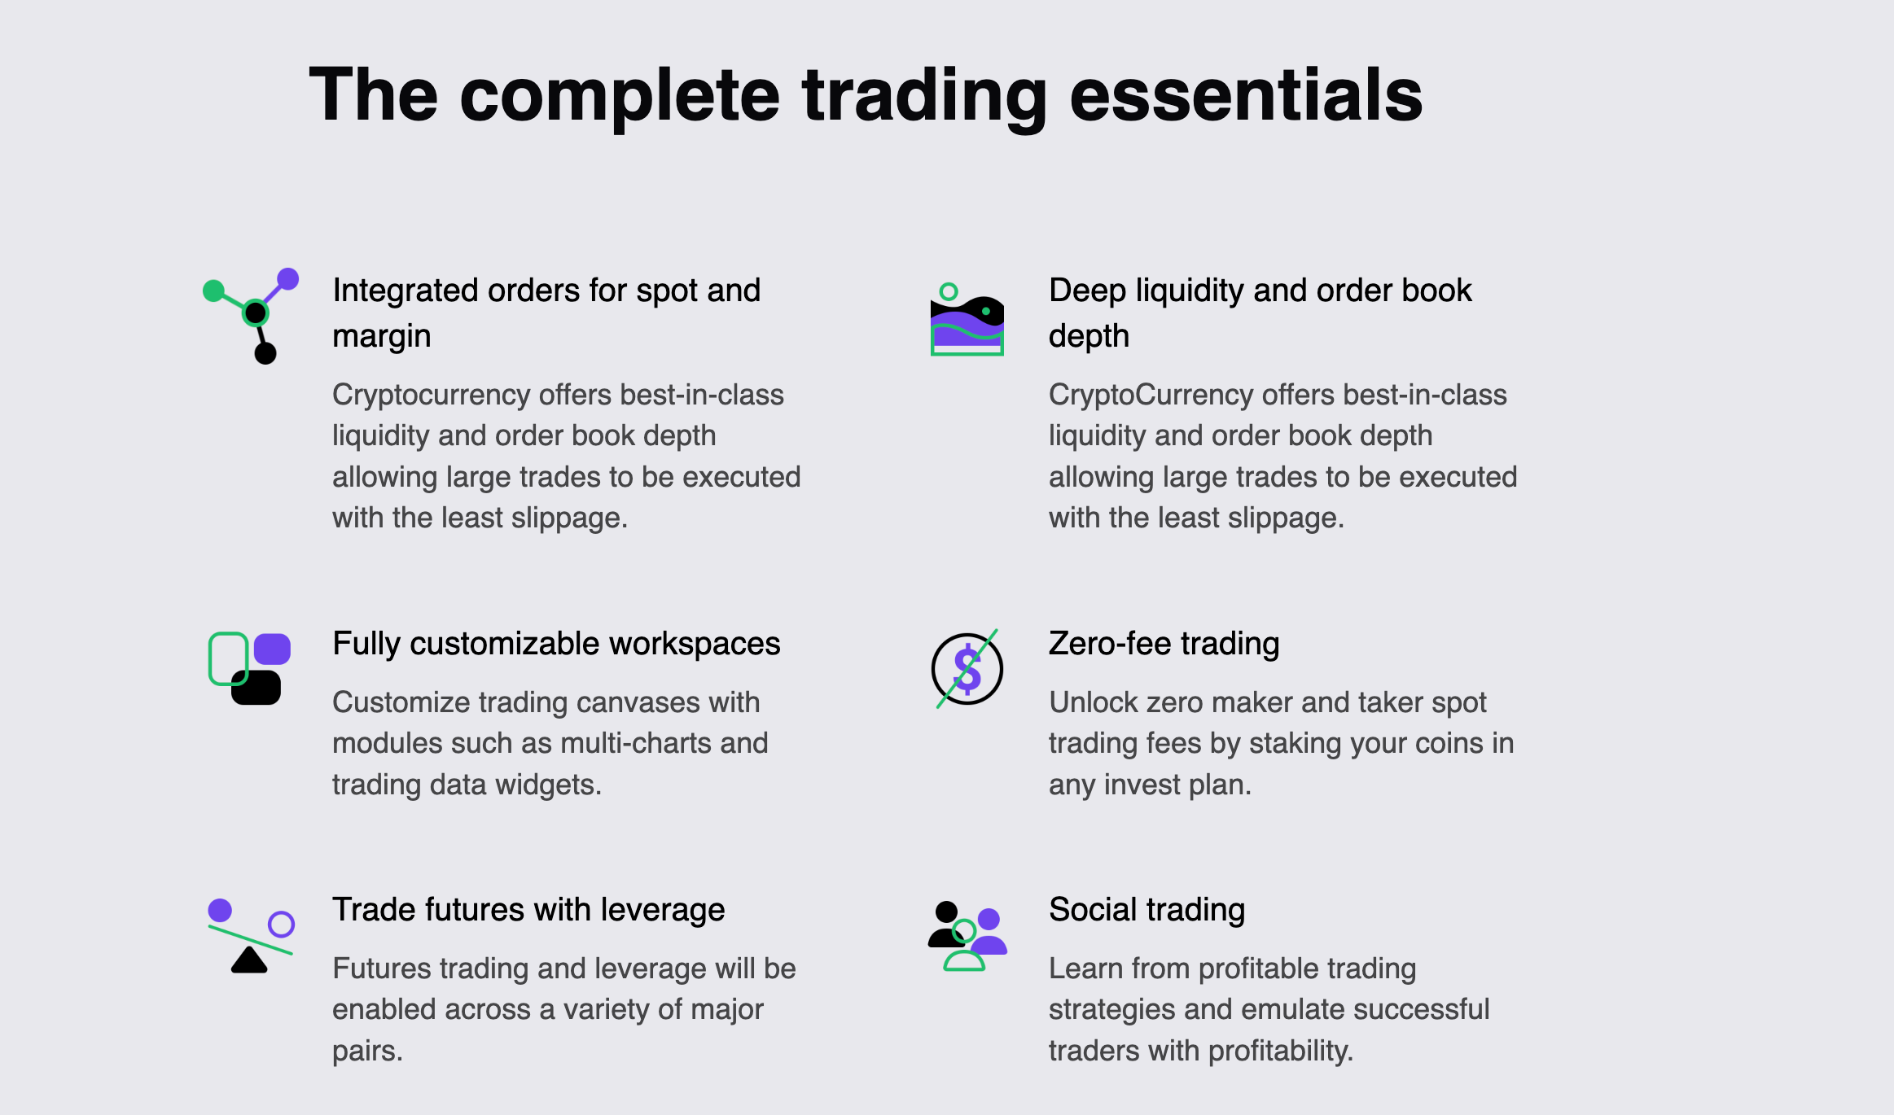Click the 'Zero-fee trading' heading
pos(1164,644)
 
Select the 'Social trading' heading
pos(1146,910)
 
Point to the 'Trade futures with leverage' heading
pos(528,910)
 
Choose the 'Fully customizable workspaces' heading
pos(556,644)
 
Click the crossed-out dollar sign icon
pos(967,669)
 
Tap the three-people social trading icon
pos(967,936)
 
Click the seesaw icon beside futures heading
pos(250,936)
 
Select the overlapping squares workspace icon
pos(249,668)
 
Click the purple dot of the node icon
pos(287,279)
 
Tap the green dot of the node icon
pos(213,291)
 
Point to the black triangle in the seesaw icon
pos(249,960)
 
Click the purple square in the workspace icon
pos(272,649)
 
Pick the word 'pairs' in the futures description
pos(366,1052)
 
